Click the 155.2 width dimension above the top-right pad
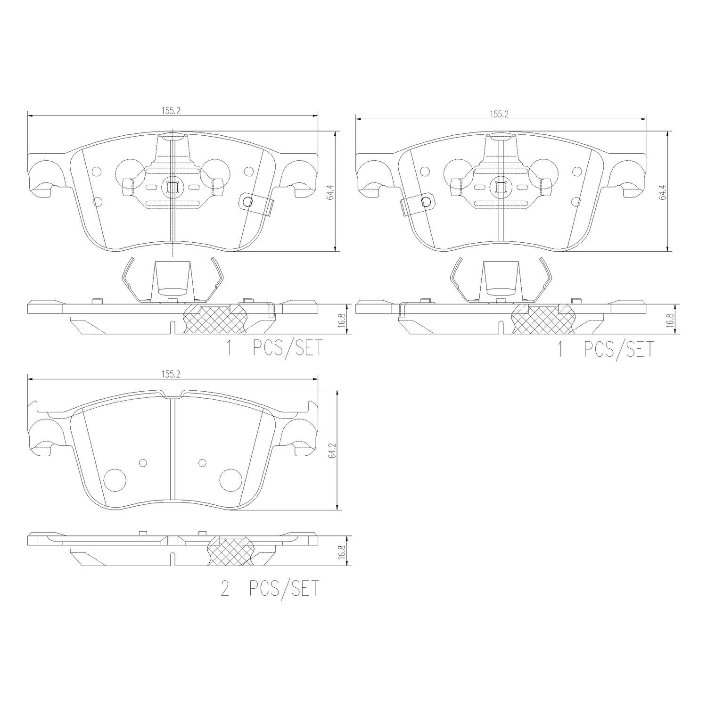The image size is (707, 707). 499,114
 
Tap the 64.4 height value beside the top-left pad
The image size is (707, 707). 330,194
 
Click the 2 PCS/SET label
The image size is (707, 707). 270,589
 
